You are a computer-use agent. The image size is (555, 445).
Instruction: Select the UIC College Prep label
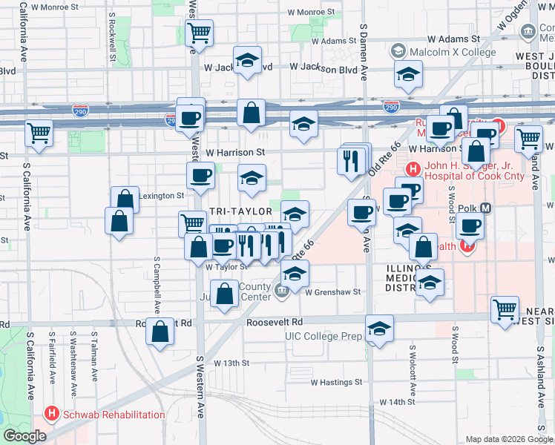(x=324, y=336)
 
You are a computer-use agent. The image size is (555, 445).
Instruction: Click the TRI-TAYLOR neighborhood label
(x=235, y=211)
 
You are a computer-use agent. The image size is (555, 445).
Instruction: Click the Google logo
(x=24, y=436)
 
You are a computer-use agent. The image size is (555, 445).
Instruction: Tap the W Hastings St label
(x=335, y=383)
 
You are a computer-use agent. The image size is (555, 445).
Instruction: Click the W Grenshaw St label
(x=332, y=292)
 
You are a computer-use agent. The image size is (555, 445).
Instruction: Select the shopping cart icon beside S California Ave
(x=39, y=133)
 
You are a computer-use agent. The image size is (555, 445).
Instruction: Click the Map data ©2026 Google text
(x=508, y=439)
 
